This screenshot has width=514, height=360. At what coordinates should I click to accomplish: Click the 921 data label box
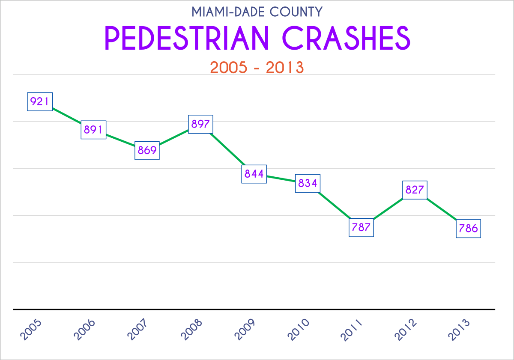pyautogui.click(x=40, y=101)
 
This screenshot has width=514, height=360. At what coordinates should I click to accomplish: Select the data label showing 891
pyautogui.click(x=93, y=129)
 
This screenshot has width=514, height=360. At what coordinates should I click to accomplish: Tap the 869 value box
pyautogui.click(x=147, y=150)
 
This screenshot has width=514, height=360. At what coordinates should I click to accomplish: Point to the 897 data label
pyautogui.click(x=200, y=124)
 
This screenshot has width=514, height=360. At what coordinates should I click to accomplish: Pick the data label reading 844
pyautogui.click(x=254, y=174)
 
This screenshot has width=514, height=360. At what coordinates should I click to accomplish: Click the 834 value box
pyautogui.click(x=308, y=183)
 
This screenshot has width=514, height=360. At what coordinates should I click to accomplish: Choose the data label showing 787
pyautogui.click(x=361, y=227)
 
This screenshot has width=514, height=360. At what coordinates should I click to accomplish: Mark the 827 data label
pyautogui.click(x=415, y=190)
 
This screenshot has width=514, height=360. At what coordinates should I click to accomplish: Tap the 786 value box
pyautogui.click(x=468, y=229)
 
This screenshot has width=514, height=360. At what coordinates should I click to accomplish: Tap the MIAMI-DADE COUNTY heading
pyautogui.click(x=257, y=12)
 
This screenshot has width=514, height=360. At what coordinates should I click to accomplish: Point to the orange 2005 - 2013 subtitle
pyautogui.click(x=257, y=68)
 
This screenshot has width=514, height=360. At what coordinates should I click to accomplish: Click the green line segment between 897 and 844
pyautogui.click(x=227, y=149)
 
